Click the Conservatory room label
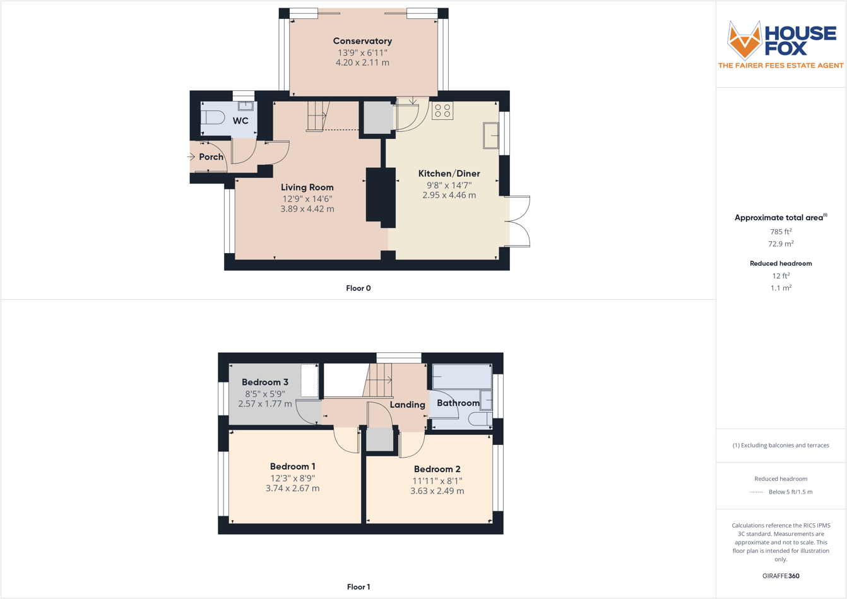pos(362,41)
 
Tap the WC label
pos(240,121)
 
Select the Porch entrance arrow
pos(191,157)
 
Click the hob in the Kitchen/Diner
pos(442,110)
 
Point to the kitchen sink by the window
pos(490,135)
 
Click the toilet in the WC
pos(213,117)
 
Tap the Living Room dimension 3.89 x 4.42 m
pos(307,209)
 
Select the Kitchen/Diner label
pos(449,174)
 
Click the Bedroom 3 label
pos(265,382)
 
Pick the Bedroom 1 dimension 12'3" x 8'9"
pos(293,478)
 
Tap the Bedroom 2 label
pos(437,469)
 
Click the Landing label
pos(407,405)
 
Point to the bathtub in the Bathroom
pos(461,377)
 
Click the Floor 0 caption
pos(358,288)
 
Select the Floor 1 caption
pos(358,587)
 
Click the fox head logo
pos(745,40)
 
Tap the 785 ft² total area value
pos(781,232)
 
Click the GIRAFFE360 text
pos(781,576)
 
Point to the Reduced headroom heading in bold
pos(781,263)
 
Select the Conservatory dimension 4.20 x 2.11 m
pos(362,62)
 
